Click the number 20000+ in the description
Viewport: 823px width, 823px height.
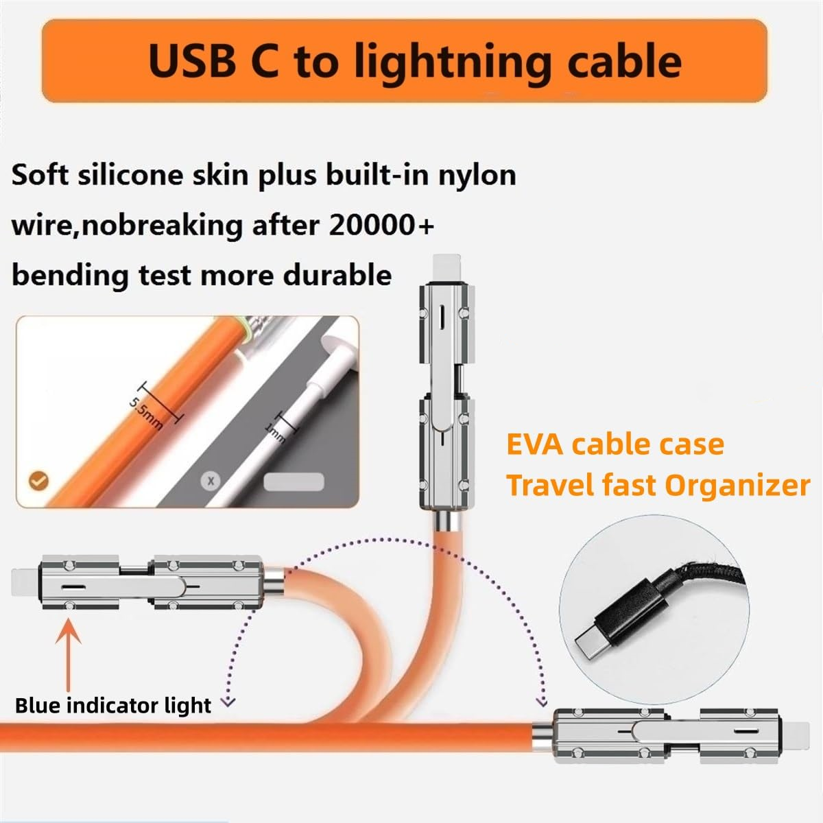382,225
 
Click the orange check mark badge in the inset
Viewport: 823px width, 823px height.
38,480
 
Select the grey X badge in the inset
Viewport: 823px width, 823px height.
211,481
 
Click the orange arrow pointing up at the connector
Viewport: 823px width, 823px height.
69,652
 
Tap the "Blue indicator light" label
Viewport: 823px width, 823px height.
113,705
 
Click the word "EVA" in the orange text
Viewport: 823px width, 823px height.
535,444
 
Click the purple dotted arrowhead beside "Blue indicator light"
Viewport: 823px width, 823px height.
229,702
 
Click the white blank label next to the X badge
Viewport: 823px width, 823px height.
293,481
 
